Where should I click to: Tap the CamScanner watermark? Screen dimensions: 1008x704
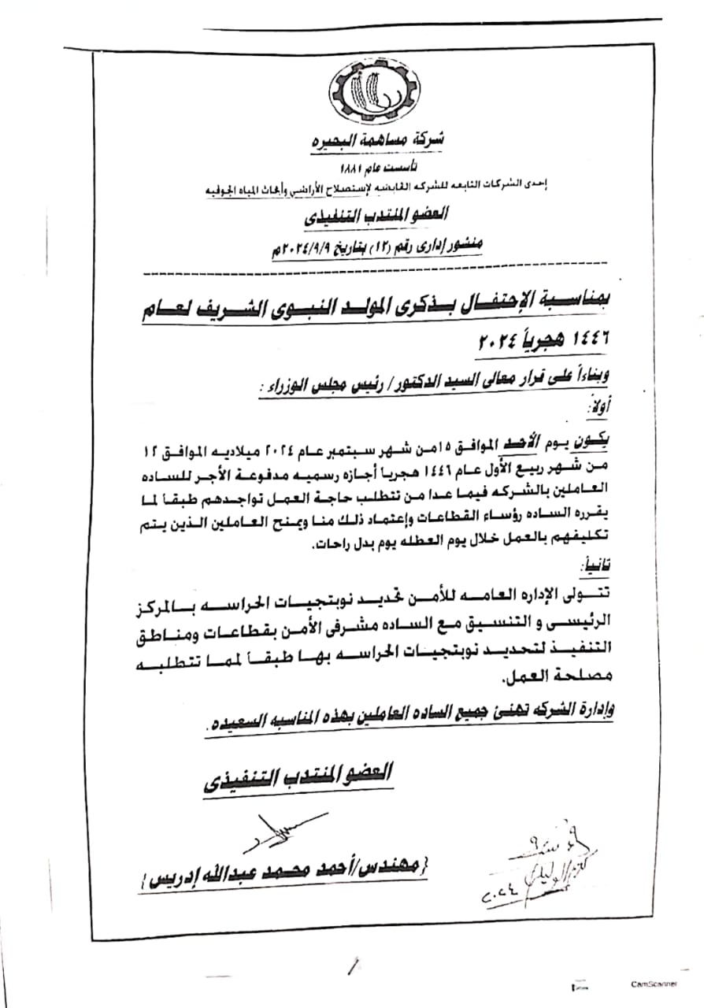pyautogui.click(x=653, y=984)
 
